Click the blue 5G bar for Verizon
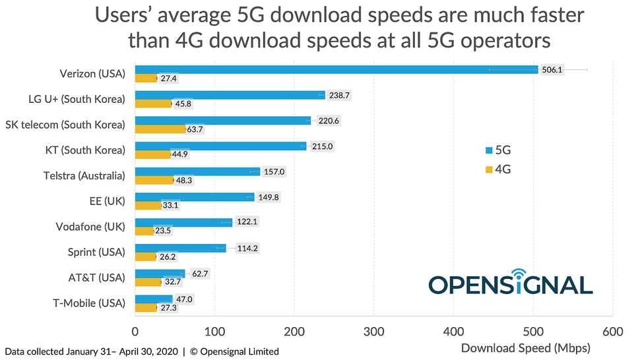[336, 69]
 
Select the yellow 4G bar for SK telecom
[160, 129]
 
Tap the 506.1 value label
[552, 69]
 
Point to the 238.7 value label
[339, 95]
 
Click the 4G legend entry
[498, 169]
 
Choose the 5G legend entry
[498, 150]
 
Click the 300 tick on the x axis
[374, 332]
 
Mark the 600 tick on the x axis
[613, 332]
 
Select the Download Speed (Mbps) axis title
[525, 347]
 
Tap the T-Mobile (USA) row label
[89, 303]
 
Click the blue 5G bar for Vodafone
[183, 222]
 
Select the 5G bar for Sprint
[180, 248]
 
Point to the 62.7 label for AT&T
[198, 273]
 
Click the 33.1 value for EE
[170, 205]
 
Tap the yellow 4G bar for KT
[152, 154]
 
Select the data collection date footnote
[141, 351]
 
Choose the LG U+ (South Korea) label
[77, 99]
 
